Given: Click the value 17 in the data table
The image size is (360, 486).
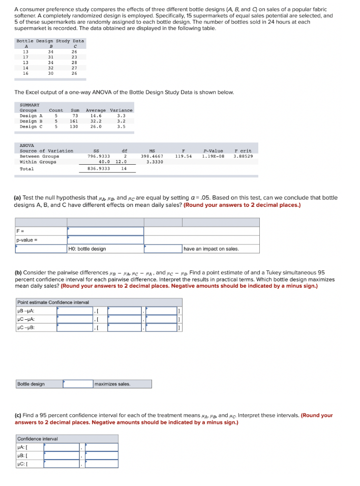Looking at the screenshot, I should [x=25, y=57].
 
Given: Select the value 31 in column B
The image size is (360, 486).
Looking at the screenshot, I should [x=50, y=57].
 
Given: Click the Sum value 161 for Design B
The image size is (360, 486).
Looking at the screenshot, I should [x=74, y=121].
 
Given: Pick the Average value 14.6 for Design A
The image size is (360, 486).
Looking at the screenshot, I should [x=96, y=116].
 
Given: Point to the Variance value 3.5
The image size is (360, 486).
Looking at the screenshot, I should [x=121, y=127].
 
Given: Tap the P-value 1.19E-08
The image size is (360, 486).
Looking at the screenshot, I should [x=212, y=157].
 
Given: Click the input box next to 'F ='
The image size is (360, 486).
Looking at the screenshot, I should [x=105, y=231].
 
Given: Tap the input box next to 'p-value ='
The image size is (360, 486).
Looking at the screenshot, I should [x=105, y=239].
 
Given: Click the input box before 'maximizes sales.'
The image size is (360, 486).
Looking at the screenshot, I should [x=78, y=383].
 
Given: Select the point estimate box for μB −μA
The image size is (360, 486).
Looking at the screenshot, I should [x=74, y=311].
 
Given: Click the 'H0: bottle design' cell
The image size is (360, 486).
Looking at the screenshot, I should [x=105, y=249].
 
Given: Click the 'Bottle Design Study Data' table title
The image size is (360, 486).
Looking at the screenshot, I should [x=50, y=41].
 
